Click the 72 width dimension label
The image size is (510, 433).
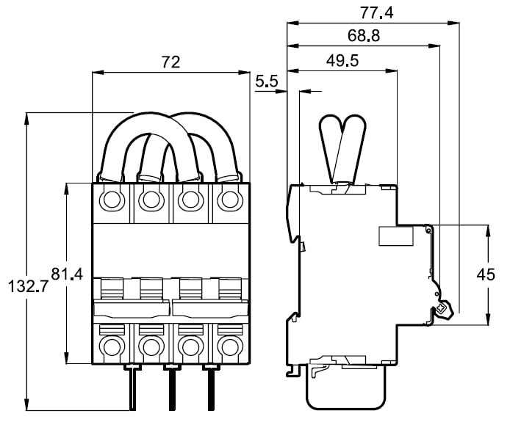pos(170,62)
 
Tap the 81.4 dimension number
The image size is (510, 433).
pos(67,274)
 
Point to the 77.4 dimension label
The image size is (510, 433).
pos(373,12)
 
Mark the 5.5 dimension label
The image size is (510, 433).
pos(266,82)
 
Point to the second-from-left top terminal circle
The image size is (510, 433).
pos(151,199)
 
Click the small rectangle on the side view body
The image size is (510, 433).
pos(395,236)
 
